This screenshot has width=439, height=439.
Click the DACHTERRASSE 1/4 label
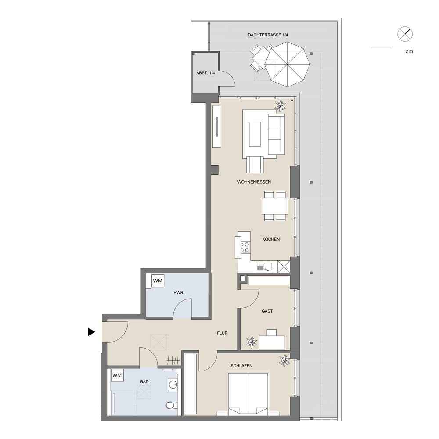pos(268,35)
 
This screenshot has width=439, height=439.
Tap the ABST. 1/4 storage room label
pos(205,73)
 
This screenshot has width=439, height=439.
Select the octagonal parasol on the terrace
pos(287,65)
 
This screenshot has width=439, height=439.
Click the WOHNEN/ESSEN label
pos(254,182)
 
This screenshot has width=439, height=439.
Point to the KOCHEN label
pos(271,239)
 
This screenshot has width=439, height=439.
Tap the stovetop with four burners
pos(245,247)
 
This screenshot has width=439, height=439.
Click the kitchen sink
pos(264,266)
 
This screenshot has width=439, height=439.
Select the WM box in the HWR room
pos(158,281)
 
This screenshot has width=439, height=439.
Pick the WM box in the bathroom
pos(117,375)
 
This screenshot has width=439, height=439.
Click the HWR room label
pos(178,292)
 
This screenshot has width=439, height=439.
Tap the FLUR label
pos(222,333)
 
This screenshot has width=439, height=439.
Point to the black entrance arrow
pos(92,332)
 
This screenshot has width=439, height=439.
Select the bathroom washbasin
pos(173,385)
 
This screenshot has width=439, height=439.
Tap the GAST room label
pos(267,311)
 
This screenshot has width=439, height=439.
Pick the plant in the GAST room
pos(252,342)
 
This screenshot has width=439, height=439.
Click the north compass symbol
pos(405,34)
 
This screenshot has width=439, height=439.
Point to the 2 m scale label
pos(409,51)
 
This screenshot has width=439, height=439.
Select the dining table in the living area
pos(275,206)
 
